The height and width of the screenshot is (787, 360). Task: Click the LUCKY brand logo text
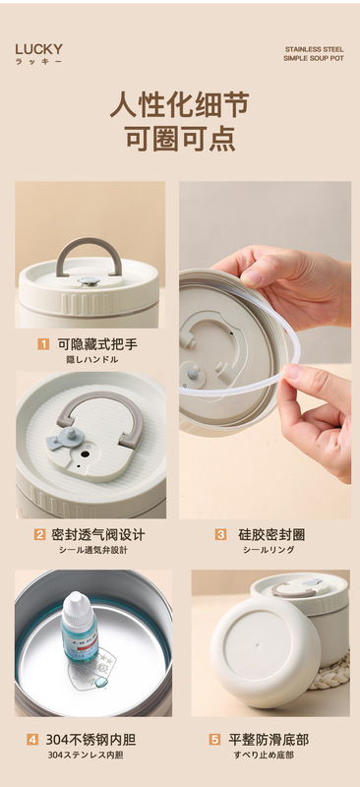click(x=38, y=49)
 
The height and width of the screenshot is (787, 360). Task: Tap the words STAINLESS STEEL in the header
click(x=315, y=49)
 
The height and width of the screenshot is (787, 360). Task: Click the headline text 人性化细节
click(x=180, y=104)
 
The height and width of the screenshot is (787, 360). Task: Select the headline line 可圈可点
click(x=180, y=138)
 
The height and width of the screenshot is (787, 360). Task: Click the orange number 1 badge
click(x=43, y=344)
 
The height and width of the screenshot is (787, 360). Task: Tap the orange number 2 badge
click(x=39, y=534)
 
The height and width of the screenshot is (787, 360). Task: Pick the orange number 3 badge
click(x=220, y=534)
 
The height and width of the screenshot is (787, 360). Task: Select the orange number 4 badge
click(x=32, y=740)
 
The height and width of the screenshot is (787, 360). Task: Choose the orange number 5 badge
click(x=214, y=740)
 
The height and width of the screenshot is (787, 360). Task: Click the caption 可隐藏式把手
click(x=97, y=344)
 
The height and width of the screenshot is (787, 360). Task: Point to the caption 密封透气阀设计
click(x=98, y=534)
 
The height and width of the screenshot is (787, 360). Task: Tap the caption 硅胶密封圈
click(x=271, y=534)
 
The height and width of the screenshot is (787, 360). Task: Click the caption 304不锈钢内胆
click(x=90, y=740)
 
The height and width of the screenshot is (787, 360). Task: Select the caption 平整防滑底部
click(x=269, y=740)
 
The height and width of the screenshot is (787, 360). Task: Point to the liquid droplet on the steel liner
click(x=102, y=681)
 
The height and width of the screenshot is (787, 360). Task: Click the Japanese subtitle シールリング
click(x=269, y=550)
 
